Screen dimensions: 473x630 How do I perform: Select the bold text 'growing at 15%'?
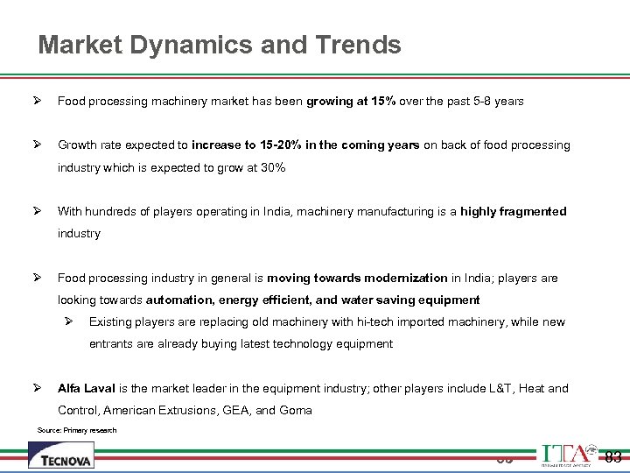[x=351, y=101]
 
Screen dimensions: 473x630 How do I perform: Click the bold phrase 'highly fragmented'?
[x=514, y=211]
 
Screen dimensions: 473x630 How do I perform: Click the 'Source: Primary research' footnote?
[x=77, y=430]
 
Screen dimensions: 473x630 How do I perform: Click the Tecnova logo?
[x=61, y=455]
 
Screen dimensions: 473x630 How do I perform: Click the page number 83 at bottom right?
[x=613, y=455]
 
